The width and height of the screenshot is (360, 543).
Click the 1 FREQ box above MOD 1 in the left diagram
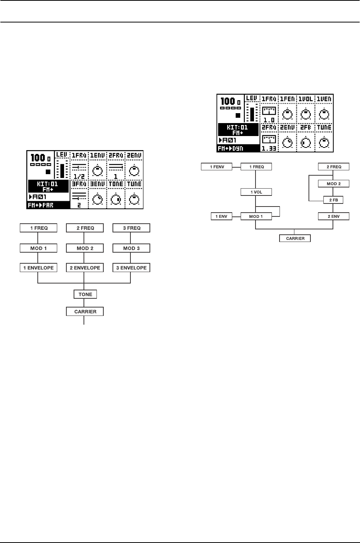click(x=39, y=228)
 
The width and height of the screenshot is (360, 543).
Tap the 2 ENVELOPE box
click(x=85, y=268)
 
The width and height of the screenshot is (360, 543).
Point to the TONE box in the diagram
click(x=85, y=294)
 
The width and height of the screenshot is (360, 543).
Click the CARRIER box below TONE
click(x=85, y=311)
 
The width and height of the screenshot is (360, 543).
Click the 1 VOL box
click(x=256, y=192)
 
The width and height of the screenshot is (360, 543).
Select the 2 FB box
click(x=333, y=200)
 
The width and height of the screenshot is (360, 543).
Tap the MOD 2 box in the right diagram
click(x=334, y=183)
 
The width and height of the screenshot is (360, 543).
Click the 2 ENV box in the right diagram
click(x=334, y=216)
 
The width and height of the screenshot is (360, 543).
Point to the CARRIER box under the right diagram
click(x=295, y=239)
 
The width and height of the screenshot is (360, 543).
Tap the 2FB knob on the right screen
click(x=306, y=143)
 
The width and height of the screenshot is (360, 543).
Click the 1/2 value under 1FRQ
click(x=79, y=176)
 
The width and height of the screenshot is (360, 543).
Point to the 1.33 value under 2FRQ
click(x=269, y=149)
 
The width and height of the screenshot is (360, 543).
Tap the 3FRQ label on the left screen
click(x=79, y=184)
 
